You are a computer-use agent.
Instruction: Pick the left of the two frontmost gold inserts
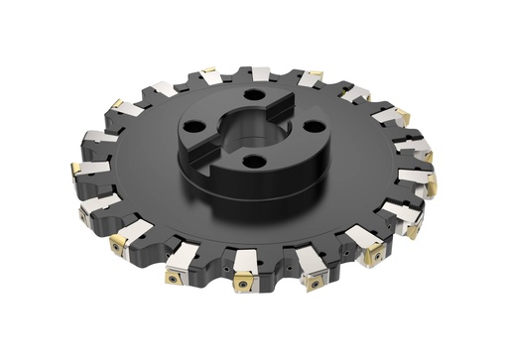(x=244, y=287)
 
